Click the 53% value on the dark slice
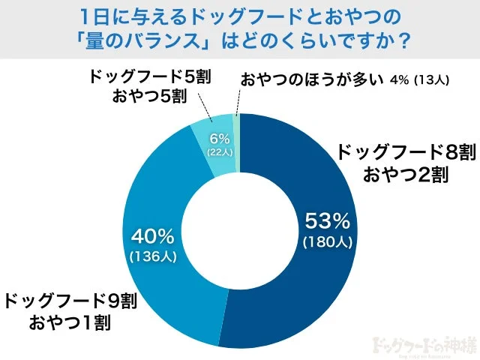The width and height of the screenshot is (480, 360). pyautogui.click(x=326, y=221)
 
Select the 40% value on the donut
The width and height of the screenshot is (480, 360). pyautogui.click(x=152, y=237)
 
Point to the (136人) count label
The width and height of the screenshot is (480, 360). pyautogui.click(x=152, y=256)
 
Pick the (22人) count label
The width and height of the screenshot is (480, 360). pyautogui.click(x=217, y=151)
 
